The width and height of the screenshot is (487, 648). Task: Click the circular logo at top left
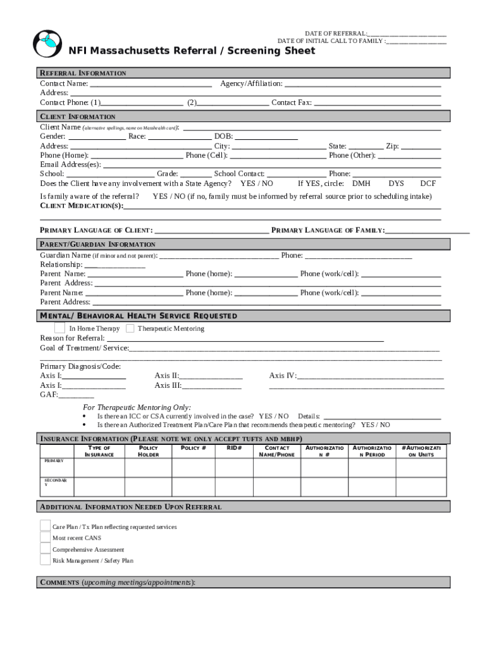coord(47,43)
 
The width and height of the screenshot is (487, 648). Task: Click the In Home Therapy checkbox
coord(59,328)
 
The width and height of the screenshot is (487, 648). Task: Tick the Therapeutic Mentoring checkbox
coord(130,328)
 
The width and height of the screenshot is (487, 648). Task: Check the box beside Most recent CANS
coord(45,538)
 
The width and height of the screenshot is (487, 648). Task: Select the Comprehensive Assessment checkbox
coord(45,549)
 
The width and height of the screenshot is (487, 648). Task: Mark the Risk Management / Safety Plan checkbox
coord(45,560)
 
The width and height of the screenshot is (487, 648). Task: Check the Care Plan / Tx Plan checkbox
coord(45,526)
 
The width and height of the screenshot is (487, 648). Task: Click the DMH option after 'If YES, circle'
coord(361,184)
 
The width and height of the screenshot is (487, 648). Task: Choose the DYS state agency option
coord(396,184)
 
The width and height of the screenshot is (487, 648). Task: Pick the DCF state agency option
coord(428,184)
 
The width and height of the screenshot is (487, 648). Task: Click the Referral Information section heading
coord(83,73)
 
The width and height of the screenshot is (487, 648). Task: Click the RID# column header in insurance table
coord(235,448)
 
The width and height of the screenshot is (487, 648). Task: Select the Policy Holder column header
coord(149,451)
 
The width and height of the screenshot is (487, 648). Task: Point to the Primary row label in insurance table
coord(54,461)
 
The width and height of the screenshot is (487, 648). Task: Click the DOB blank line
coord(266,137)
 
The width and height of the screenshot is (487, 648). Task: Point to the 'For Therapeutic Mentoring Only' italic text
coord(137,408)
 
